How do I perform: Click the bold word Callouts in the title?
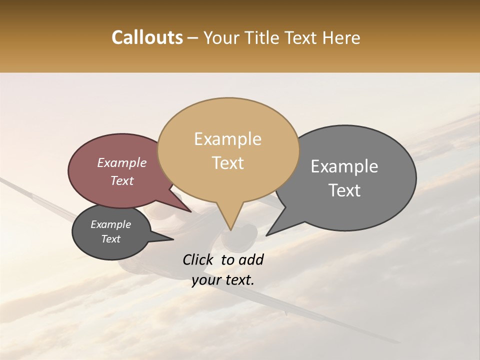[147, 37]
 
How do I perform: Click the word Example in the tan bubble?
[227, 139]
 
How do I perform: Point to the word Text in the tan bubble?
[227, 163]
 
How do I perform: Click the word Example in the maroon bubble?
[122, 162]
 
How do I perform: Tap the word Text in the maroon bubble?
[122, 180]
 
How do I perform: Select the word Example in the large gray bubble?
[344, 166]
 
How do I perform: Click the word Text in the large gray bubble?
[344, 190]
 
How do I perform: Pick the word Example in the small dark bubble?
[110, 224]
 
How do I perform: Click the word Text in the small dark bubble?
[110, 239]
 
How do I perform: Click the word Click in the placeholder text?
[198, 259]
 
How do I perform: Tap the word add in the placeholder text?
[250, 259]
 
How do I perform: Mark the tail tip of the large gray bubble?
[267, 235]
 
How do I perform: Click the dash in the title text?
[193, 38]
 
